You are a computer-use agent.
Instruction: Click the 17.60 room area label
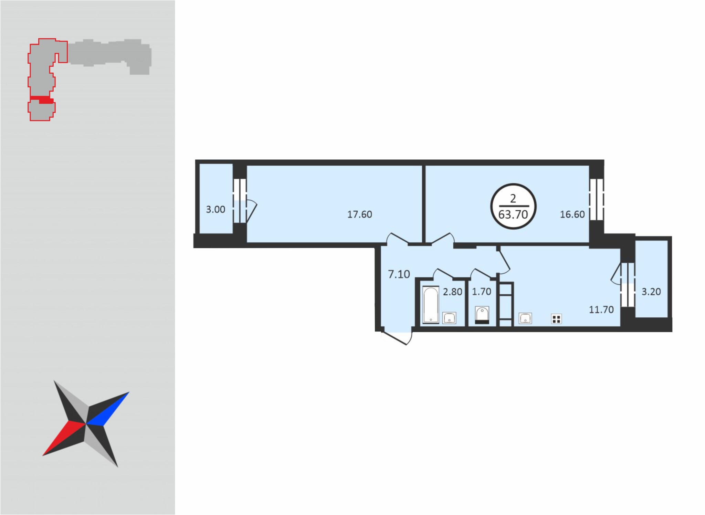[359, 214]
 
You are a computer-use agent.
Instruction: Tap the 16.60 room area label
[572, 214]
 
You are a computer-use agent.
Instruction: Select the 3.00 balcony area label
[215, 209]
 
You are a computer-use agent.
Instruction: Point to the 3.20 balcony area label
[651, 292]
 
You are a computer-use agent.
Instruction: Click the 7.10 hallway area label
[399, 274]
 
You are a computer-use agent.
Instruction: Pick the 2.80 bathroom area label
[452, 292]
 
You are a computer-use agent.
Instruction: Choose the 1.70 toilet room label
[481, 292]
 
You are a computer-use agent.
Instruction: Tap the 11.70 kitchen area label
[601, 309]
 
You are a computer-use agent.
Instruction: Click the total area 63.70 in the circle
[513, 214]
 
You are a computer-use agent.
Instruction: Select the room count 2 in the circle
[513, 198]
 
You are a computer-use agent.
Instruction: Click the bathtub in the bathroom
[431, 305]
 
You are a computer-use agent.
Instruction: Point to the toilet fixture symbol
[482, 315]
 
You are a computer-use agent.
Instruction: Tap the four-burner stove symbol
[556, 319]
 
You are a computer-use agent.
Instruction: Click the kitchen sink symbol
[525, 318]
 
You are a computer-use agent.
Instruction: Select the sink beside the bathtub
[449, 318]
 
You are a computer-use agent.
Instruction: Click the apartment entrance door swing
[396, 338]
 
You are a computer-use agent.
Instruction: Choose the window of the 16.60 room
[597, 199]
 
